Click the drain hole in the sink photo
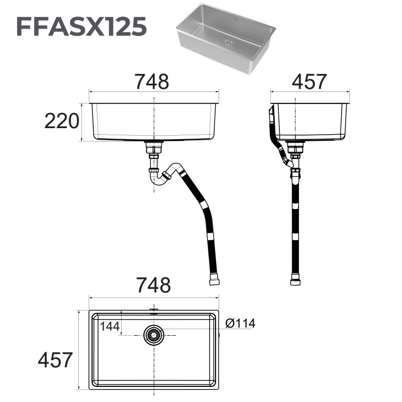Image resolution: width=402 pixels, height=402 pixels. (229, 44)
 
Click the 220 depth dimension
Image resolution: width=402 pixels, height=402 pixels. (62, 121)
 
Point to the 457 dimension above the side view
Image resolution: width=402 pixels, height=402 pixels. (309, 81)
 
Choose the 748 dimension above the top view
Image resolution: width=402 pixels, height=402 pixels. (153, 285)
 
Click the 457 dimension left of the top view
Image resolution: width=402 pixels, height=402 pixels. (55, 360)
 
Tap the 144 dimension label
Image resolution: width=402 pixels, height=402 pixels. (110, 326)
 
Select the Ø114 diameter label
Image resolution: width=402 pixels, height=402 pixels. (240, 324)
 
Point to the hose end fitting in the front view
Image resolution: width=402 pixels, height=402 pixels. (214, 279)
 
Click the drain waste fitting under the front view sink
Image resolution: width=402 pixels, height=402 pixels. (154, 148)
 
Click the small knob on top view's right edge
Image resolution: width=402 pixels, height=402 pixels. (220, 334)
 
